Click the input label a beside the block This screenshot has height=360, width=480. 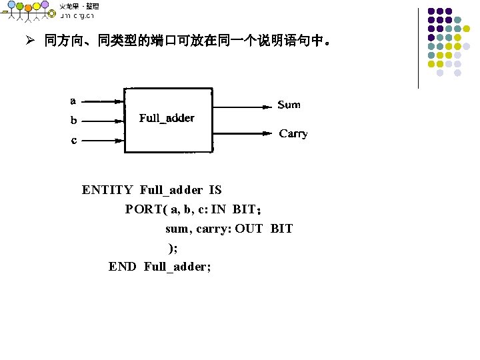click(73, 101)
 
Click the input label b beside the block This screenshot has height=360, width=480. click(73, 121)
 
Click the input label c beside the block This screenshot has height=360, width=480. click(73, 140)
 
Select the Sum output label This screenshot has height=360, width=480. click(289, 105)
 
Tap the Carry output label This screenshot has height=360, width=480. click(293, 134)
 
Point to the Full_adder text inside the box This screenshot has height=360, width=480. click(167, 118)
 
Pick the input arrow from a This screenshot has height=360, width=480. click(103, 102)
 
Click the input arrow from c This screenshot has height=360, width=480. click(103, 140)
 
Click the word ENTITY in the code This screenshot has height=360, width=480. click(107, 190)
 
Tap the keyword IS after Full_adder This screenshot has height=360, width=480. click(215, 190)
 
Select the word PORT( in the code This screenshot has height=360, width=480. click(146, 209)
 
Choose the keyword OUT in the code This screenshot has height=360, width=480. click(249, 229)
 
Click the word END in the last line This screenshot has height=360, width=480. click(123, 267)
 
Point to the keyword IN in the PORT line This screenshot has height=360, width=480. click(218, 209)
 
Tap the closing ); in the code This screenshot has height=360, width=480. click(173, 248)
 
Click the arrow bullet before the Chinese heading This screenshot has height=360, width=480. click(29, 41)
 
